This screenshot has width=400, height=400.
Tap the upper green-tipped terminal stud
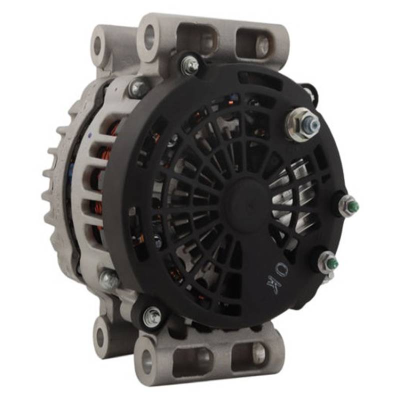(x=348, y=204)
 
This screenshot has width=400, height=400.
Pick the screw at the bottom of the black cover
(x=152, y=316)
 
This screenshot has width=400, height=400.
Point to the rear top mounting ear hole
(x=97, y=45)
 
